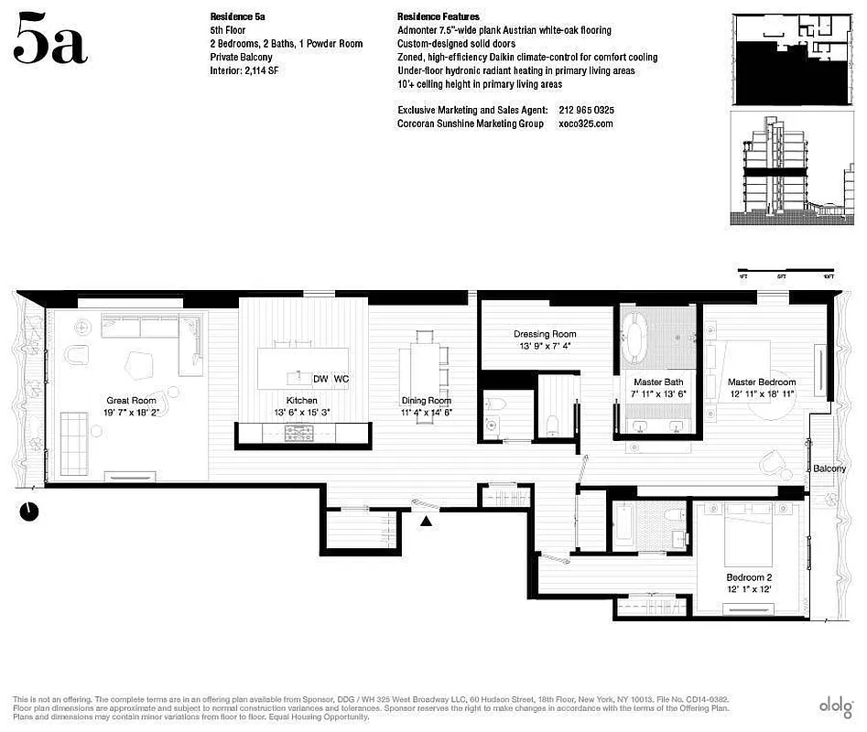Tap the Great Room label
click(130, 400)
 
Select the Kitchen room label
click(301, 401)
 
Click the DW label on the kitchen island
click(320, 379)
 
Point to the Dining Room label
click(427, 400)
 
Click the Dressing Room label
click(545, 334)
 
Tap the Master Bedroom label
click(762, 382)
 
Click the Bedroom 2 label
click(750, 577)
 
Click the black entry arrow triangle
click(426, 522)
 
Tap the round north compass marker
click(28, 511)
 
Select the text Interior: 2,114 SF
click(244, 70)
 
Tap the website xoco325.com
click(585, 124)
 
